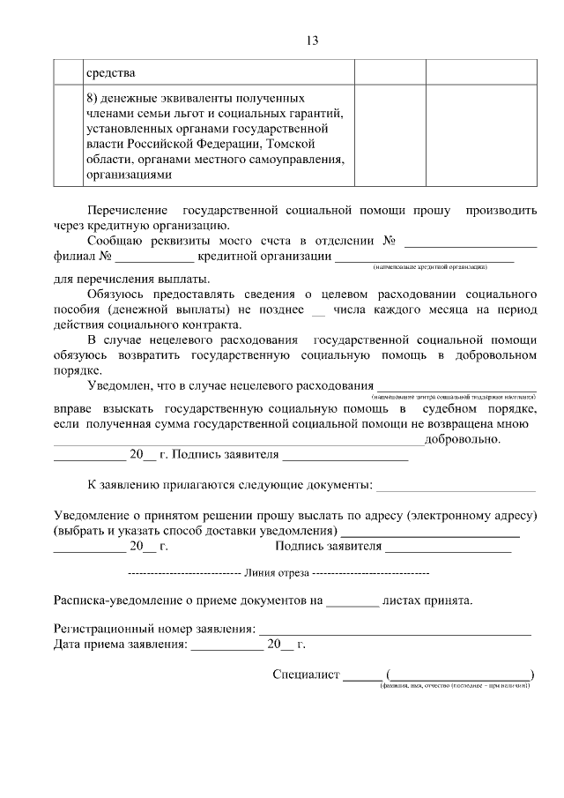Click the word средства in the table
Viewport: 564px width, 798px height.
click(110, 72)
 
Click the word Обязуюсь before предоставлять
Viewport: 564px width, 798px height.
click(121, 292)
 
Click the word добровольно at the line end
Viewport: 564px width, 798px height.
click(463, 440)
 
